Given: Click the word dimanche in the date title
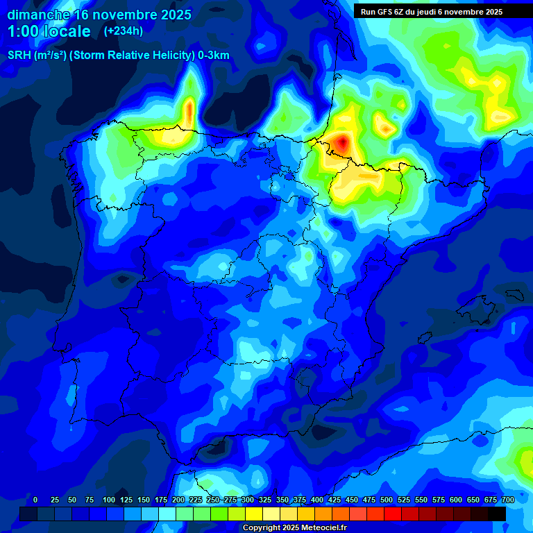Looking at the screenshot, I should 37,15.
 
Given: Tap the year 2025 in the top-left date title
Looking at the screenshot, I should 169,15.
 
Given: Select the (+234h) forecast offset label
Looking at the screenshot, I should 123,31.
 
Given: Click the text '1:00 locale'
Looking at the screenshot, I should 49,32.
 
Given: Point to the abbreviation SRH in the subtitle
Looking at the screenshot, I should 19,56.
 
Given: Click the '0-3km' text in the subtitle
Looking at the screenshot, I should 214,56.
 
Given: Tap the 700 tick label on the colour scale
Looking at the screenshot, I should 507,500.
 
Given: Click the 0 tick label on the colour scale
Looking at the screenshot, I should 35,500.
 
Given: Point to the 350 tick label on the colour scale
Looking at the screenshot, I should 282,500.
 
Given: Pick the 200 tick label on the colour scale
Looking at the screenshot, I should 178,500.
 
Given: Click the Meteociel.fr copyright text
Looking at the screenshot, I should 294,528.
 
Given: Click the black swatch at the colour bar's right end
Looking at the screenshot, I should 497,514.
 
